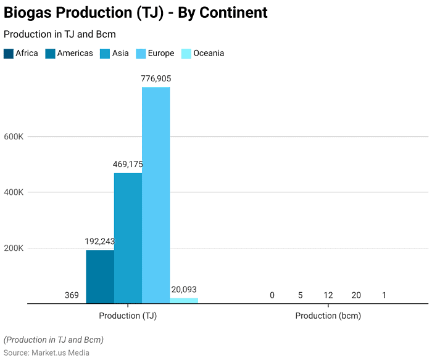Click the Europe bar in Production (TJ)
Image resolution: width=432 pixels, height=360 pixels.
pos(156,195)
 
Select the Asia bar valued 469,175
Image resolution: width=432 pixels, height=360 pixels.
pos(128,238)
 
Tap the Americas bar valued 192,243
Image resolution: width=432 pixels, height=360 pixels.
pos(99,276)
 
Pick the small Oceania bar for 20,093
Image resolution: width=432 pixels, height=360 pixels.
pos(184,301)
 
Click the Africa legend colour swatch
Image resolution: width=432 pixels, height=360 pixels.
pos(9,54)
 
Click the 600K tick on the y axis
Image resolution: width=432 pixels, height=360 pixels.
pos(14,137)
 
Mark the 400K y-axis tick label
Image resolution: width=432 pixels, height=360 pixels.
pos(14,192)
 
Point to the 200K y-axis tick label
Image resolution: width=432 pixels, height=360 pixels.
pos(14,248)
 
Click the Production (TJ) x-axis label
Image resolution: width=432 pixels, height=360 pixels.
pos(128,316)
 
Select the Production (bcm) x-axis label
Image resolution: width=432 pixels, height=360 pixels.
pos(328,316)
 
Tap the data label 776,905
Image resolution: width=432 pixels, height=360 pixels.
pos(156,79)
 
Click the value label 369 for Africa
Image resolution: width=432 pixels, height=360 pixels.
pos(72,295)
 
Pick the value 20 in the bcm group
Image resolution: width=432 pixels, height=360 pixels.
pos(356,295)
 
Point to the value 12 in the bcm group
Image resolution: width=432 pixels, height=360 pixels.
pos(328,295)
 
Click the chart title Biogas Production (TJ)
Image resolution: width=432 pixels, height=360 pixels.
pos(136,12)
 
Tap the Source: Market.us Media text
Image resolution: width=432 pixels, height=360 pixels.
pos(46,353)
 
